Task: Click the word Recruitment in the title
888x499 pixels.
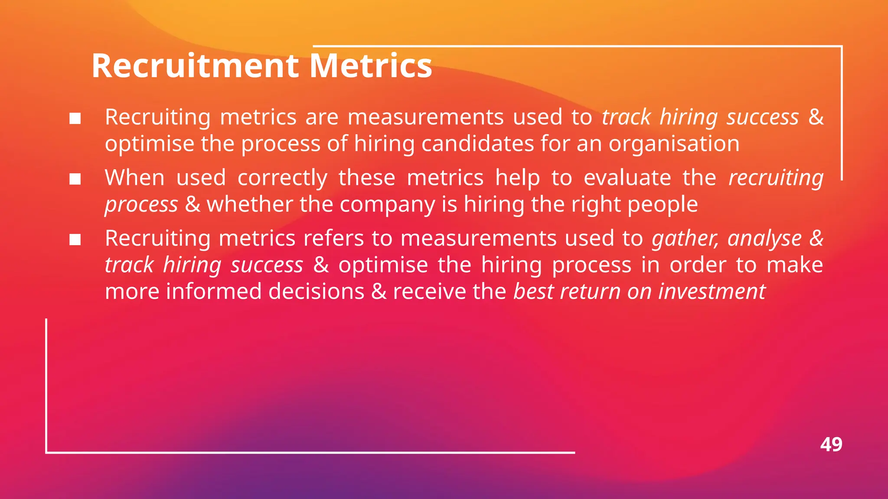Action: point(195,66)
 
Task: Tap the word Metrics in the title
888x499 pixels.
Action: point(371,66)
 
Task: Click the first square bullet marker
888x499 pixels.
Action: point(75,118)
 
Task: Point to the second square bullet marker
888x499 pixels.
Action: point(75,179)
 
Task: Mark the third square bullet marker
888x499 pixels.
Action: point(75,240)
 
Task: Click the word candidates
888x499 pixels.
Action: point(477,144)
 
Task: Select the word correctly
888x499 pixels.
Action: point(282,178)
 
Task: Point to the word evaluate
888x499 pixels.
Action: point(627,178)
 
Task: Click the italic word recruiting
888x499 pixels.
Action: point(776,178)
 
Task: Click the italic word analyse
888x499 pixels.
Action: point(764,239)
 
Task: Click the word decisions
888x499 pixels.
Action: point(316,292)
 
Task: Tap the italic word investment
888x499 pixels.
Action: point(712,292)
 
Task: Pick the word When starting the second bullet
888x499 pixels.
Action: point(135,178)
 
